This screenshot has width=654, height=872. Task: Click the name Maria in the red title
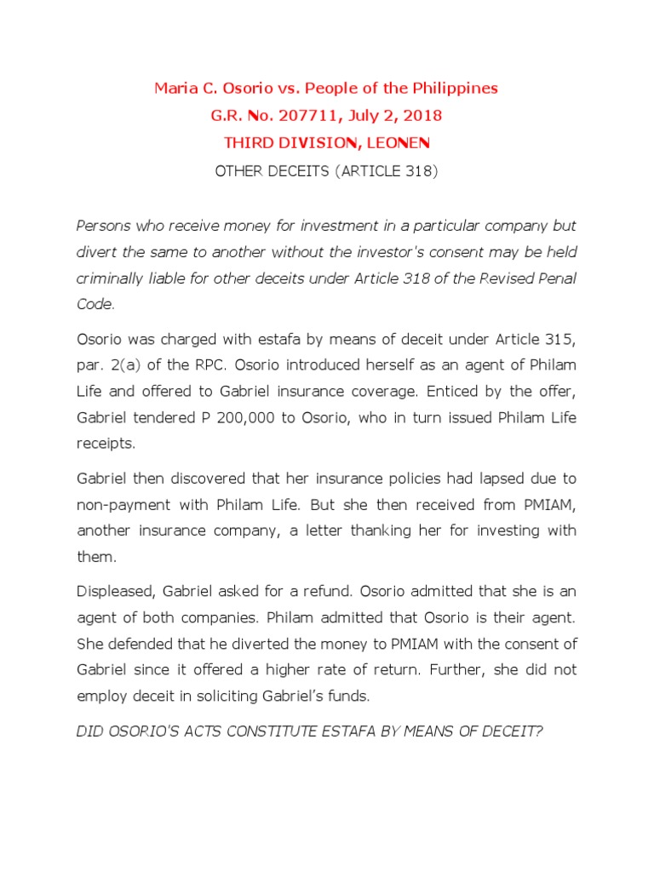pos(174,89)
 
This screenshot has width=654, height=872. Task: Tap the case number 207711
pos(320,115)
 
